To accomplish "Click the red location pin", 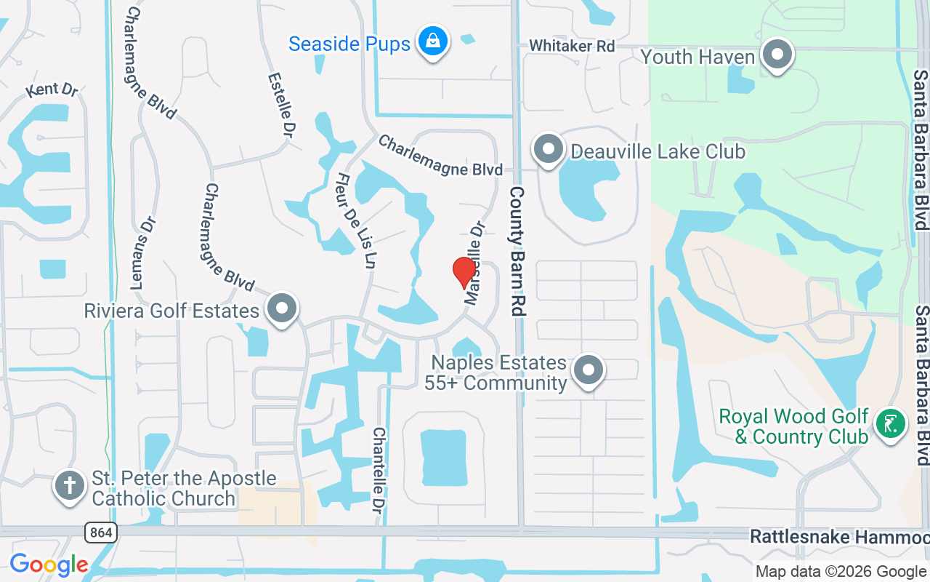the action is point(464,272).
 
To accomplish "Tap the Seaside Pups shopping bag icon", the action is point(433,41).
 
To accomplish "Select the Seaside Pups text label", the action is point(349,44).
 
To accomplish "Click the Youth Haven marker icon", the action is point(777,55).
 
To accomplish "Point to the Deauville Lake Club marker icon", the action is point(549,150).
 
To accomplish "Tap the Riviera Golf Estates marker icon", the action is point(282,310).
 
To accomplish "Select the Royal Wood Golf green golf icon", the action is point(891,423).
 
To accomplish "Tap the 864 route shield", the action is point(101,533).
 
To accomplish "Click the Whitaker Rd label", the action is point(572,46).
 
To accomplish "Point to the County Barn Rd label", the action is point(517,251).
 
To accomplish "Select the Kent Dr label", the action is point(52,90).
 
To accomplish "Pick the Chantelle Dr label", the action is point(379,469).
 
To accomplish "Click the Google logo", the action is point(49,565).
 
